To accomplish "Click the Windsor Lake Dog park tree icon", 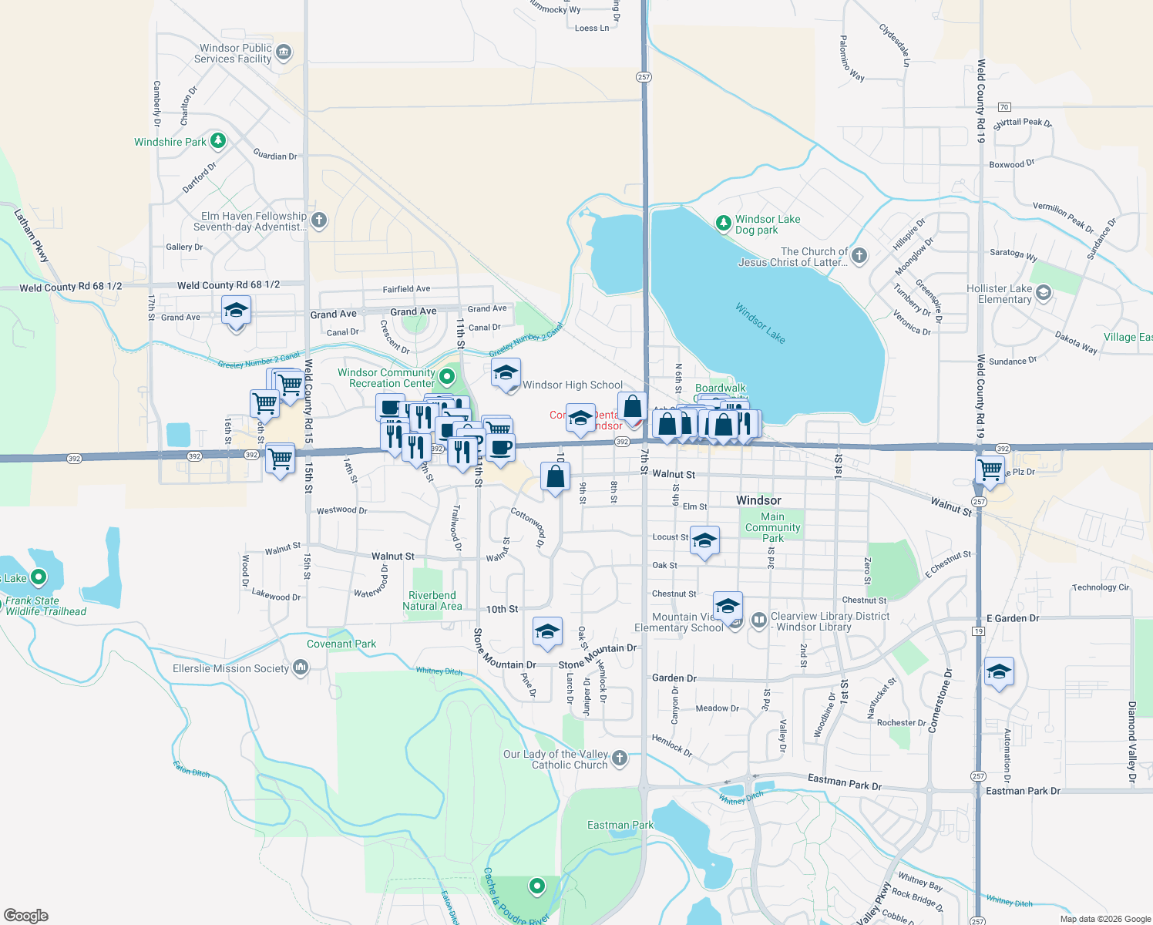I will tap(723, 224).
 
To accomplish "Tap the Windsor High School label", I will tap(572, 385).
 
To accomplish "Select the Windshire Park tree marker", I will tap(218, 140).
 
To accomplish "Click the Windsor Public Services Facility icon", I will tap(284, 52).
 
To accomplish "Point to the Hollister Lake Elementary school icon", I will tap(1044, 292).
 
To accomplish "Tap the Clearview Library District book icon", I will tap(758, 620).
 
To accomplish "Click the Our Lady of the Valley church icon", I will tap(620, 760).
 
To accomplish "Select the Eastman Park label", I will tap(620, 825).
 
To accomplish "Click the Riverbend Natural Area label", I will tap(432, 600).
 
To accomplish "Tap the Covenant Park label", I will tap(341, 644).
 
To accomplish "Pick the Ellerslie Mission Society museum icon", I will tap(301, 668).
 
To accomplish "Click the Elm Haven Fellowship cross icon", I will tap(319, 220).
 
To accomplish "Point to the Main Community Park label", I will tap(772, 527).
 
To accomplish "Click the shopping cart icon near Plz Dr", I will tap(990, 469).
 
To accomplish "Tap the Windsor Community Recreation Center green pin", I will tap(446, 375).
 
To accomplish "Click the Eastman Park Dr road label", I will tap(844, 782).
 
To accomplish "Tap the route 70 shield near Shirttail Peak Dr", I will tap(1003, 107).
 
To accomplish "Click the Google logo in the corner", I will tap(26, 915).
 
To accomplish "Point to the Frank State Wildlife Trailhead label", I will tap(45, 606).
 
